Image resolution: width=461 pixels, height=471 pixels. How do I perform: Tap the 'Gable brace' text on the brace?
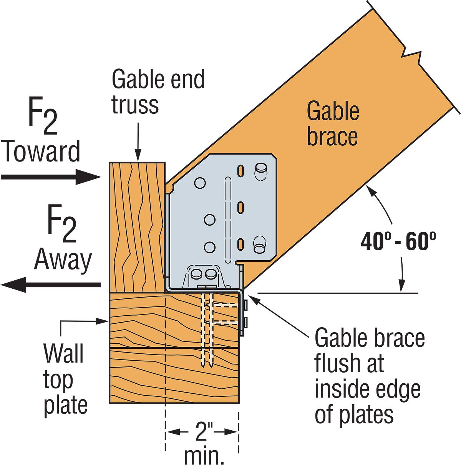click(x=333, y=124)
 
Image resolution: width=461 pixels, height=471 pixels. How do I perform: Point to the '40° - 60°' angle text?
click(x=398, y=242)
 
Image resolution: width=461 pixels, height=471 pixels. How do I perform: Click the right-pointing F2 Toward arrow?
click(x=50, y=177)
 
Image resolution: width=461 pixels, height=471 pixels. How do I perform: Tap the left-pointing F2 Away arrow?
click(x=50, y=285)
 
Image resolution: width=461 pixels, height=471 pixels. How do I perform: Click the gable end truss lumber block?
click(x=137, y=227)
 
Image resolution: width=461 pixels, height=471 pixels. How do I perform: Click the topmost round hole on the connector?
click(x=200, y=183)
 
